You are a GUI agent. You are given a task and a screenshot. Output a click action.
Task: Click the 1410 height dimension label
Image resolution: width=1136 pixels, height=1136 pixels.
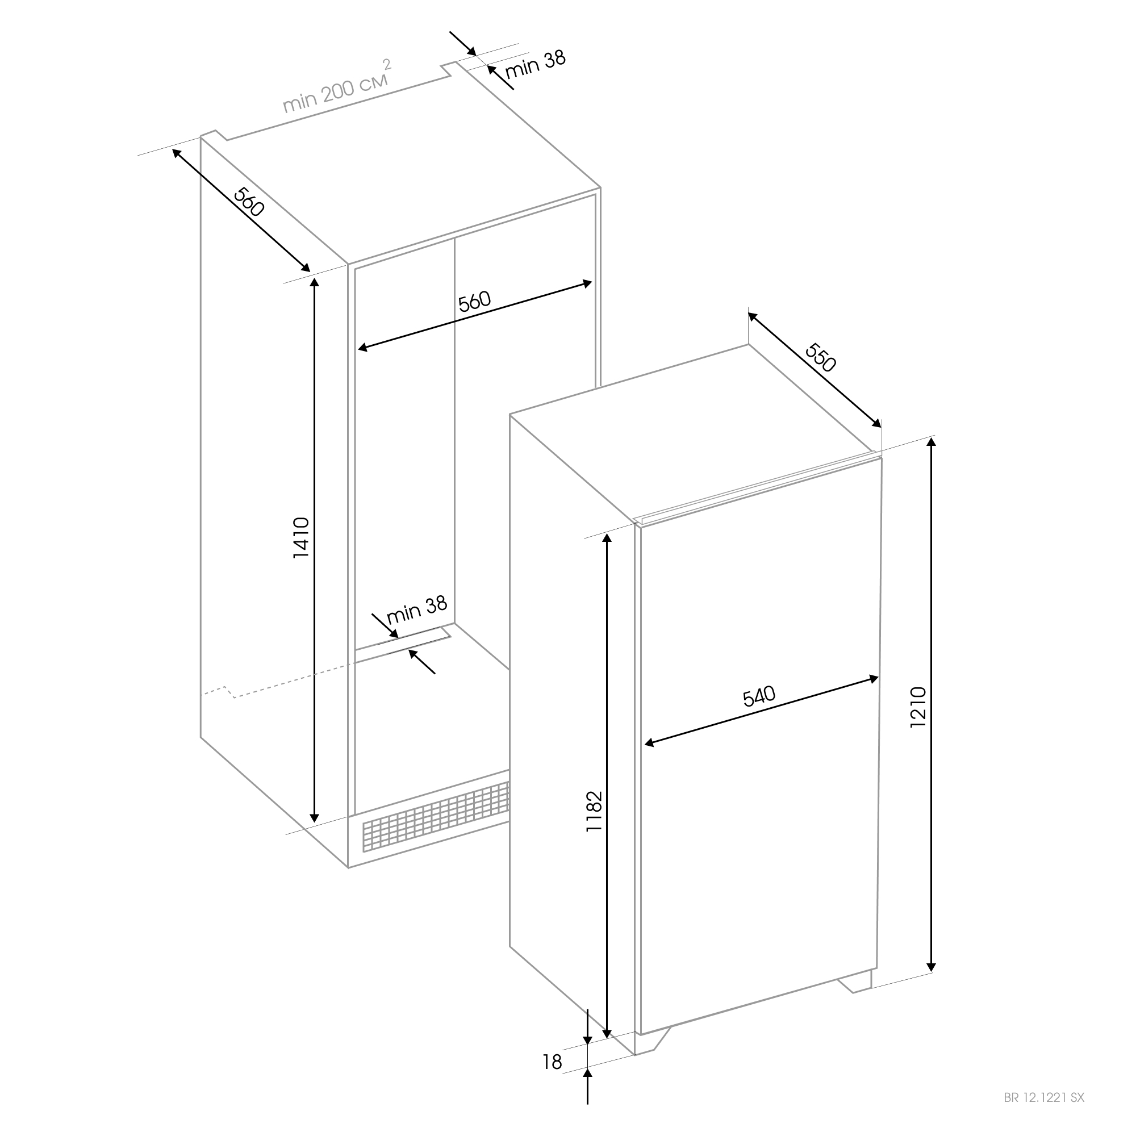coord(301,537)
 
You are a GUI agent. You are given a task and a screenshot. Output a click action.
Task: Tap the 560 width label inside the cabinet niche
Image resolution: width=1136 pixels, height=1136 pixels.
coord(474,302)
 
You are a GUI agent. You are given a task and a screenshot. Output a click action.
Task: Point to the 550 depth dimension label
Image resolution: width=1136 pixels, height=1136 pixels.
coord(820,357)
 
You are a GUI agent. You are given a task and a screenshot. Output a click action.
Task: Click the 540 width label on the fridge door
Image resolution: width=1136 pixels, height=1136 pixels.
coord(759,696)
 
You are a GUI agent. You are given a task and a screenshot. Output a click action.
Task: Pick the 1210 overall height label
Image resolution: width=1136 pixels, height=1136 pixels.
coord(918,707)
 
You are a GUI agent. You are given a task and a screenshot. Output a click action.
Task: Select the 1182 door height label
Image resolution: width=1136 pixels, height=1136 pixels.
coord(595,812)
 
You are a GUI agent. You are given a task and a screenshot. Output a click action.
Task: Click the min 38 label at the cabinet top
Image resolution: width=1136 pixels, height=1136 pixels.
coord(535,64)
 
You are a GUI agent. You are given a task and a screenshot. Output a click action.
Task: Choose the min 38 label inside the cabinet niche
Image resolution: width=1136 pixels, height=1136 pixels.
coord(417,611)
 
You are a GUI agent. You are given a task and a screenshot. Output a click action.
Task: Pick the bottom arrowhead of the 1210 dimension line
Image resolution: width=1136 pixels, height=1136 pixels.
coord(931,967)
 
